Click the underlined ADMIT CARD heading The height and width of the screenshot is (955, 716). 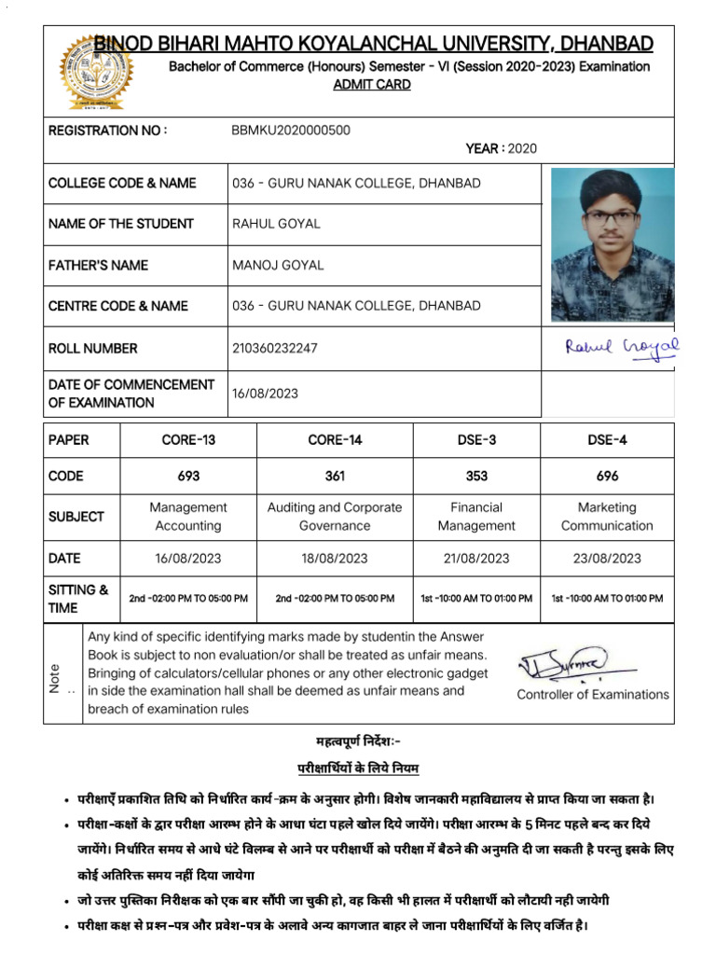(x=372, y=85)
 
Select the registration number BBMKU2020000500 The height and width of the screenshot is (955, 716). (x=291, y=131)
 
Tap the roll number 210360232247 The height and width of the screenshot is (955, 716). (x=274, y=348)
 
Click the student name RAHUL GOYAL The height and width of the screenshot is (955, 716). (x=275, y=224)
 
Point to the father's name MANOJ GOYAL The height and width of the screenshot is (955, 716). (x=277, y=265)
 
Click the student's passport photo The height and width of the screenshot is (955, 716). (x=613, y=244)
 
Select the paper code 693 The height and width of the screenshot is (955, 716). (x=188, y=476)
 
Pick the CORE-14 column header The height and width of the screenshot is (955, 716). (x=335, y=440)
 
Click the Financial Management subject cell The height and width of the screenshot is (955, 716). (x=476, y=517)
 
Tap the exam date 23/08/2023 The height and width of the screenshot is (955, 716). (x=607, y=559)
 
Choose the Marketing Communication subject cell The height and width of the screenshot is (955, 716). (x=607, y=517)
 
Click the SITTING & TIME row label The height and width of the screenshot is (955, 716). (x=78, y=598)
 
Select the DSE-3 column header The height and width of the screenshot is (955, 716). (x=476, y=440)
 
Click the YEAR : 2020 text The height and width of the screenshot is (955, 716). (x=501, y=148)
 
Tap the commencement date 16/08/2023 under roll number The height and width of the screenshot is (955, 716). (x=265, y=394)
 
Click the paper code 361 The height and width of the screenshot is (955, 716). (x=335, y=476)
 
